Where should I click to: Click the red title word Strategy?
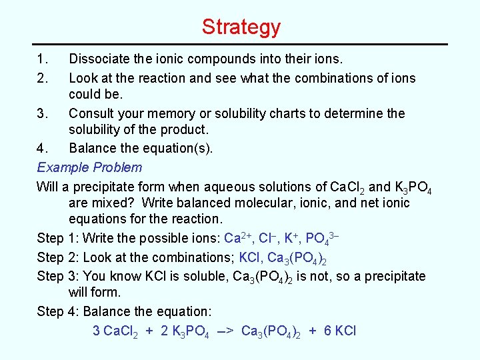(241, 27)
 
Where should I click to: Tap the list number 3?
(42, 113)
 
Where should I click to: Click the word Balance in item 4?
(93, 148)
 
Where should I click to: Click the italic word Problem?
(119, 167)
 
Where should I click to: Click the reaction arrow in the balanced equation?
(225, 331)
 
